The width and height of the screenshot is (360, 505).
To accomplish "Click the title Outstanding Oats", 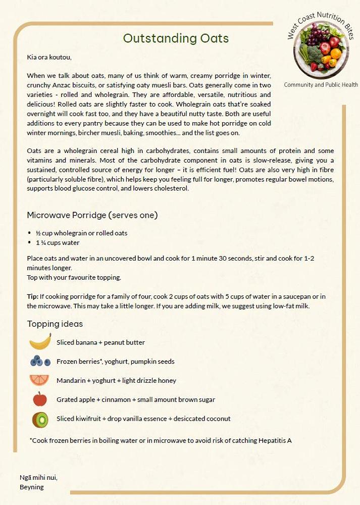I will [176, 38].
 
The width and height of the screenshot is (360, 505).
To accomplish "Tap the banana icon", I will [40, 342].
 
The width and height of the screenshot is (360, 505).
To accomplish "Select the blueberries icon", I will [40, 361].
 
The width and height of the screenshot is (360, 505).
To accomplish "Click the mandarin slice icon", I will [39, 380].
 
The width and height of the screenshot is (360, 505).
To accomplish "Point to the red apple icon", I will [40, 399].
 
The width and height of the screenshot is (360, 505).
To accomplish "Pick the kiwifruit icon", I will [40, 419].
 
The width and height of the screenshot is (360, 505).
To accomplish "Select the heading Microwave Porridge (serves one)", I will [92, 215].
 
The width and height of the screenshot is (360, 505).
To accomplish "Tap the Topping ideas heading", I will [55, 324].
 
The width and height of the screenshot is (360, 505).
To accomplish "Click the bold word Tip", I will [32, 296].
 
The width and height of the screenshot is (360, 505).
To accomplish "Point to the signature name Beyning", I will [32, 487].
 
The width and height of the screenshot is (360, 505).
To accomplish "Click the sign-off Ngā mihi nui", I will [38, 477].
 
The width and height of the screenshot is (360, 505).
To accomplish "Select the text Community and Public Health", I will [321, 85].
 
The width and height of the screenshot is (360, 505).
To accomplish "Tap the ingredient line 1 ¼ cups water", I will [58, 243].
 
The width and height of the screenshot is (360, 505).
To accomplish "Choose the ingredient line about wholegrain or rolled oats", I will [81, 233].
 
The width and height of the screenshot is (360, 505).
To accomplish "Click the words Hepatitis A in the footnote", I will [275, 440].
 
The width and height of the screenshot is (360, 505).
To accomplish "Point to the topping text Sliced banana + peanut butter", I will [100, 342].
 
